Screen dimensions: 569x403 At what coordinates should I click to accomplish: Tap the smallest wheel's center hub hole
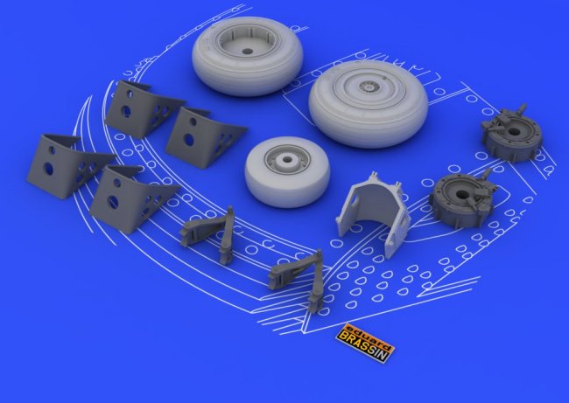[x=288, y=159]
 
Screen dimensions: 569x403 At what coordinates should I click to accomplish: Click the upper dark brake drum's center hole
[x=516, y=131]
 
